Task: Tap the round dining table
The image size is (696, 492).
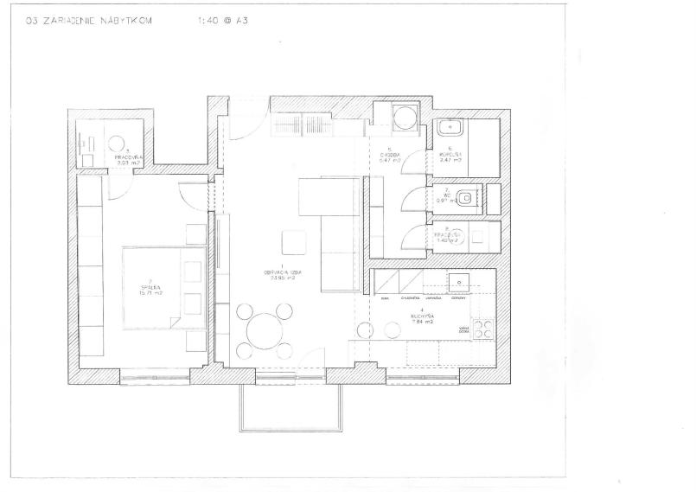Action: click(263, 329)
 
